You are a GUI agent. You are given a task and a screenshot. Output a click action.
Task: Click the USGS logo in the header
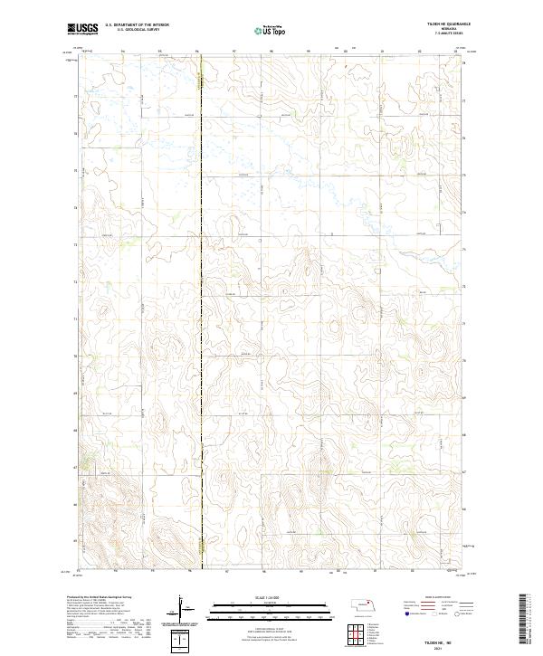coord(83,29)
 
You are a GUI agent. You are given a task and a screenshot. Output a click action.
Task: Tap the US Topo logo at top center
coord(262,30)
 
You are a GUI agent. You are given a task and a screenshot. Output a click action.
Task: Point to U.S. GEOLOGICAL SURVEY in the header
coord(137,30)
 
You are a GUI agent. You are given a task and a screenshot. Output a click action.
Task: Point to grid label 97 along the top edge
coord(234,52)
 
